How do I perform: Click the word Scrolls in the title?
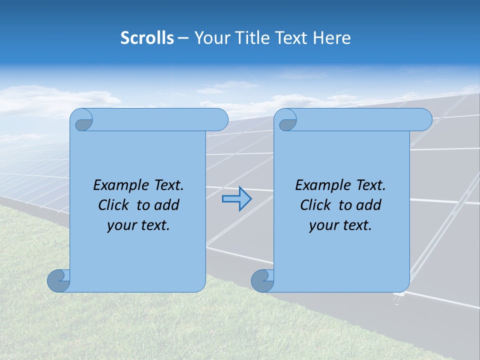(x=147, y=38)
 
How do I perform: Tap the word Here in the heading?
(x=331, y=38)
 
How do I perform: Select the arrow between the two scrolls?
(x=236, y=199)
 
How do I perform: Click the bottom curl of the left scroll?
(x=58, y=280)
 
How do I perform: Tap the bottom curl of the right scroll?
(x=261, y=280)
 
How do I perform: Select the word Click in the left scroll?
(x=114, y=205)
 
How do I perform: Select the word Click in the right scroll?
(x=315, y=205)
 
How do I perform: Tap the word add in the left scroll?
(x=166, y=205)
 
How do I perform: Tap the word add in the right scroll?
(x=368, y=205)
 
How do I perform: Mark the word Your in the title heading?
(x=211, y=38)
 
